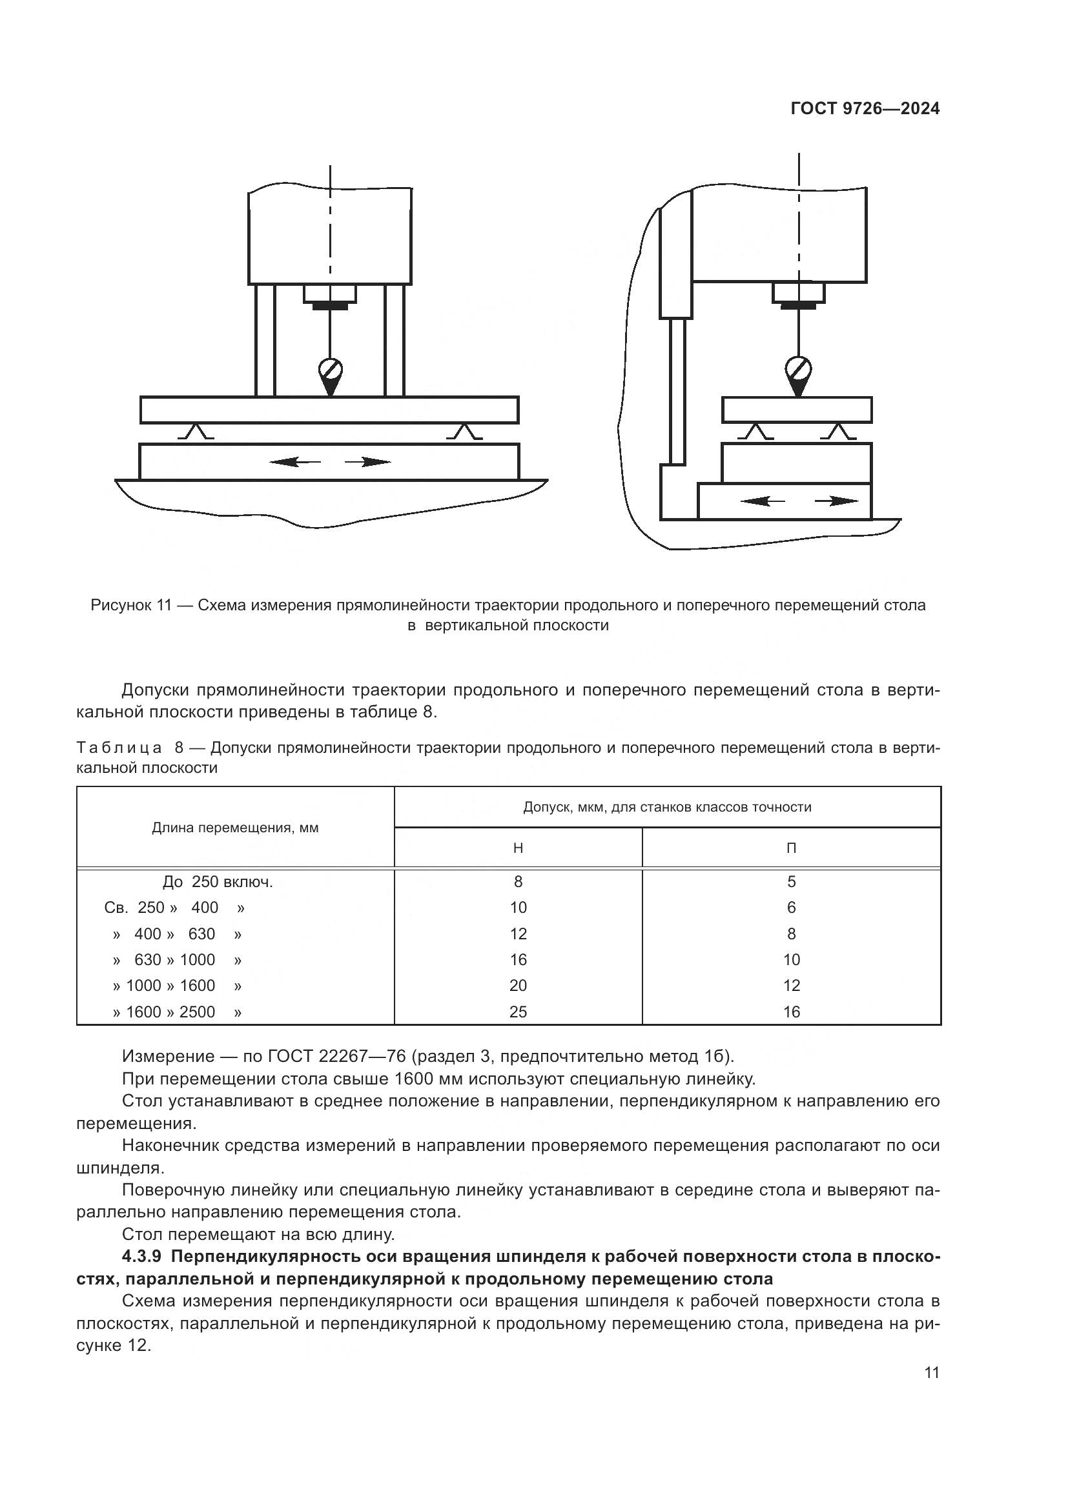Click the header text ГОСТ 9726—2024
point(865,109)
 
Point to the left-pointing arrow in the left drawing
point(294,462)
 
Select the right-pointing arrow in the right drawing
point(836,501)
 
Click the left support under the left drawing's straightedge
point(195,432)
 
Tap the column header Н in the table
point(518,848)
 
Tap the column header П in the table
point(791,848)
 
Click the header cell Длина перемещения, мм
point(235,828)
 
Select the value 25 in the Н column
point(518,1012)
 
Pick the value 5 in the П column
point(791,882)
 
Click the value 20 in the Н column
point(518,986)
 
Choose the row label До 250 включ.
point(218,882)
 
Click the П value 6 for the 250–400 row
point(791,908)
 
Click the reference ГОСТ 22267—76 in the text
point(336,1057)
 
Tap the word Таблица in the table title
point(119,748)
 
